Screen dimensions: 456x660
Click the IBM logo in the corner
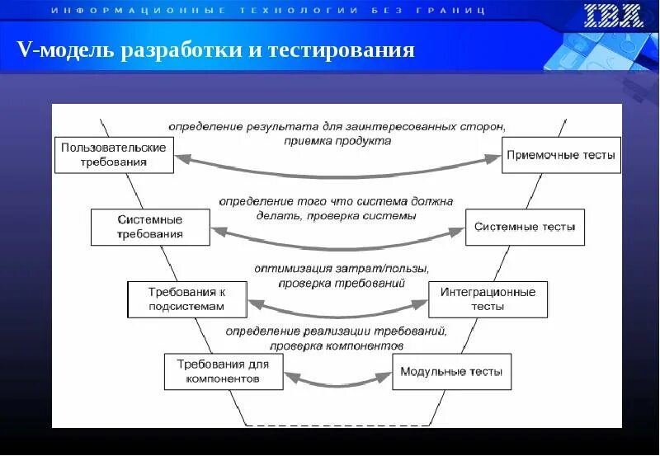(613, 16)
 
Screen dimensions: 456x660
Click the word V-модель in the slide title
(67, 51)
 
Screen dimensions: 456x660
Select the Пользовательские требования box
(114, 155)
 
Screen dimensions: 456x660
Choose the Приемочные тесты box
(561, 155)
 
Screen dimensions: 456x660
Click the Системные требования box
(150, 227)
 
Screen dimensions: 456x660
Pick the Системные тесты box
(525, 227)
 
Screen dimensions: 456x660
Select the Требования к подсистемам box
(186, 299)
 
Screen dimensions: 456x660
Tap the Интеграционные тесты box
(488, 299)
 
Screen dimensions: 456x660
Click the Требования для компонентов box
(223, 371)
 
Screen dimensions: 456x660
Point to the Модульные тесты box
(451, 371)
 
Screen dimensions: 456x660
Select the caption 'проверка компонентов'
(337, 346)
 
